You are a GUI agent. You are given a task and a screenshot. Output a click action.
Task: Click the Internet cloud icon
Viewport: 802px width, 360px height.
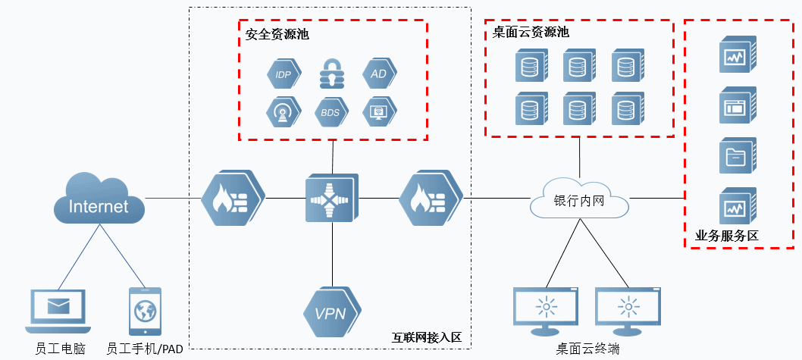(x=99, y=201)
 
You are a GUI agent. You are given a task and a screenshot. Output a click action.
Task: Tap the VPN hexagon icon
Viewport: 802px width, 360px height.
(x=331, y=311)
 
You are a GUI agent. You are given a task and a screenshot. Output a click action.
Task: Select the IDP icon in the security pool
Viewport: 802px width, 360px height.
(x=282, y=74)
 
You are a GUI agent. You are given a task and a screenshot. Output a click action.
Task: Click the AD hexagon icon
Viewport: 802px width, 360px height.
(x=378, y=74)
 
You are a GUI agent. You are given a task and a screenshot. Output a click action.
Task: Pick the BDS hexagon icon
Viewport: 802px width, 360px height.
(x=330, y=113)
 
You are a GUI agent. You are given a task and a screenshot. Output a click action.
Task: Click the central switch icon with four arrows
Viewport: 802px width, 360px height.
(x=331, y=199)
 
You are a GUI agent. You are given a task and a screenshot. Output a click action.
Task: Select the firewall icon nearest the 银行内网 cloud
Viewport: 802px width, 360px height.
(x=430, y=199)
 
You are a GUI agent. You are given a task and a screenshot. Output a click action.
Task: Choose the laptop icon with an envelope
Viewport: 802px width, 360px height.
(x=57, y=309)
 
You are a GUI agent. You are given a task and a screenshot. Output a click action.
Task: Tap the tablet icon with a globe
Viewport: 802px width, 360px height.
(x=145, y=311)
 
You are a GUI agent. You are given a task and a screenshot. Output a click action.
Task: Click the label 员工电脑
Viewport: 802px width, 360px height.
(x=60, y=349)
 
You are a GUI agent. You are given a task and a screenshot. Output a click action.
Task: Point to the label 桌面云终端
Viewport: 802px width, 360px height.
(x=587, y=349)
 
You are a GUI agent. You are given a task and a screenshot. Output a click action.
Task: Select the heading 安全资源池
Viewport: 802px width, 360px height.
(x=277, y=35)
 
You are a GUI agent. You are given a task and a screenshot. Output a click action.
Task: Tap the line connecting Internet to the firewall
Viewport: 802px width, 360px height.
(x=173, y=199)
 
